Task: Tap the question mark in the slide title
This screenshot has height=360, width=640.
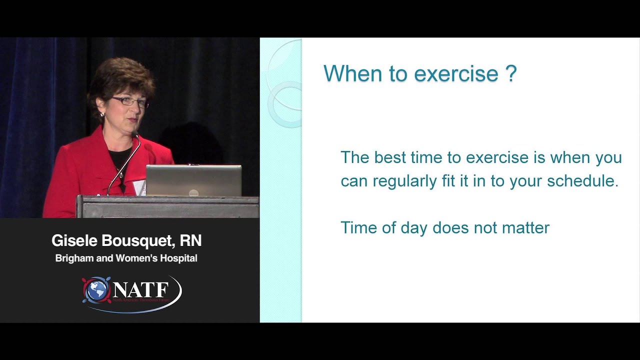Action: (511, 73)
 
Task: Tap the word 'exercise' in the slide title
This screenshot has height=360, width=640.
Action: (456, 74)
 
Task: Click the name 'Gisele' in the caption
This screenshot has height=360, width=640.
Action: (73, 241)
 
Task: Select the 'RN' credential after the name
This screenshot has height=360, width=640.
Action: (190, 241)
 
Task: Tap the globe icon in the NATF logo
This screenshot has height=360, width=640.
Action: (97, 290)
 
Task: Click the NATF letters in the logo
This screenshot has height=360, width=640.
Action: (140, 289)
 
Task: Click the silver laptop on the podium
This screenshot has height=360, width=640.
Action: (193, 180)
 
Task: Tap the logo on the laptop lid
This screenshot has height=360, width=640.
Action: (193, 193)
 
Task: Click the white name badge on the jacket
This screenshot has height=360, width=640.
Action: (139, 187)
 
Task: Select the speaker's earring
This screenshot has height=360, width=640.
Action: (103, 114)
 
